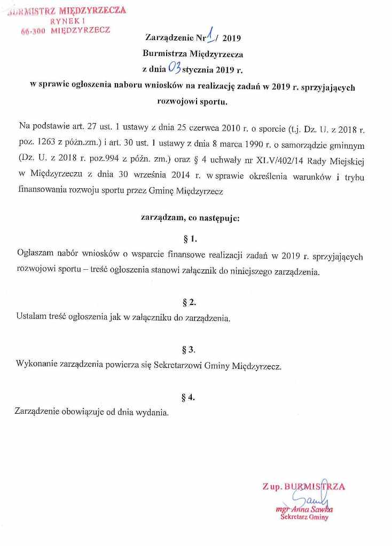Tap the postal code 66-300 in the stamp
(33, 31)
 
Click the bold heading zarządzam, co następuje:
(190, 218)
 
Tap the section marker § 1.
(190, 238)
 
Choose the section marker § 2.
(189, 302)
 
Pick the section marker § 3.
(189, 350)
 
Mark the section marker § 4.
(189, 396)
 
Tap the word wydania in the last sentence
(155, 412)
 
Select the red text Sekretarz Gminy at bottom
(305, 517)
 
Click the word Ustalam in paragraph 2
(31, 318)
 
